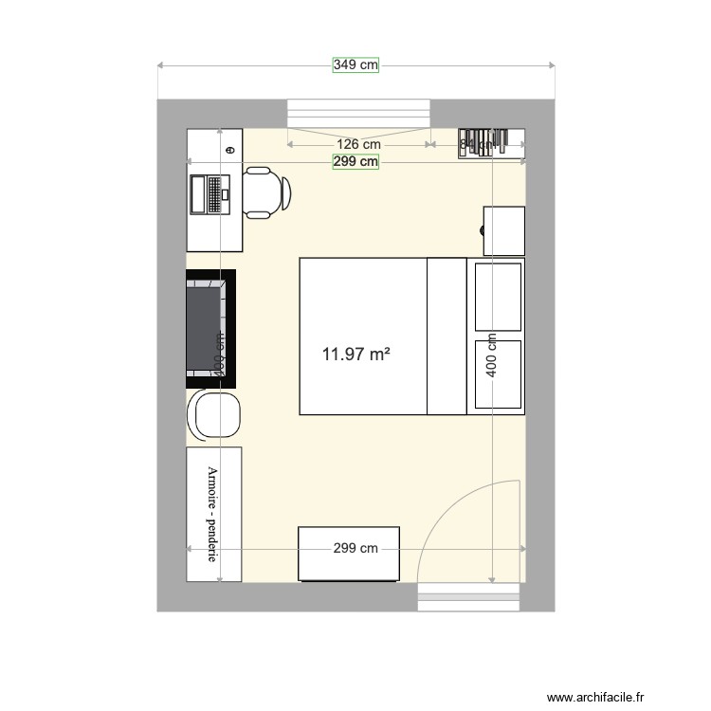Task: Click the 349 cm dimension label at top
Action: [355, 65]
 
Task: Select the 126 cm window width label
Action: [360, 144]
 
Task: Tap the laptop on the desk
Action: [210, 194]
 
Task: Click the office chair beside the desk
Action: [266, 191]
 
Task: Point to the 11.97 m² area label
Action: [356, 355]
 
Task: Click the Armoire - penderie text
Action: [213, 512]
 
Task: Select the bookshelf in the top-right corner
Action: [492, 143]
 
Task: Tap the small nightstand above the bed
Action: [503, 230]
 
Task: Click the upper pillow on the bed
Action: [498, 297]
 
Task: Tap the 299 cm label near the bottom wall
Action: [355, 549]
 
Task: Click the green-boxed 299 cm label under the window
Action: [355, 162]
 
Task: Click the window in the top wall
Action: [359, 112]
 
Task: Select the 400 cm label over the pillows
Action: [491, 355]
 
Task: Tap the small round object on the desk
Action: [229, 149]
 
